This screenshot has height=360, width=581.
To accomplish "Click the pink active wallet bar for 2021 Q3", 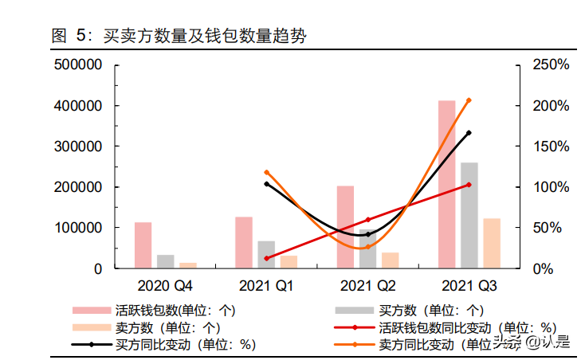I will pos(446,185).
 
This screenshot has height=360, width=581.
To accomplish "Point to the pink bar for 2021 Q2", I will pos(345,227).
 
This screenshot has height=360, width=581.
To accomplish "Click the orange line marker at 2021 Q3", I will pos(469,100).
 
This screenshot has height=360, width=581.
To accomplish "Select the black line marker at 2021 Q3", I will pos(469,133).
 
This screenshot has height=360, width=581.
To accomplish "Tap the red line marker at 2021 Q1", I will pos(266,258).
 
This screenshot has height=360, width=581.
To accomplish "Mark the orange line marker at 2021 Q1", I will pos(266,172).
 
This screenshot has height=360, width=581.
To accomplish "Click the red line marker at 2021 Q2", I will pos(367,219).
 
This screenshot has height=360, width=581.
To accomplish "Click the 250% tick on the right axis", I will pos(551,65).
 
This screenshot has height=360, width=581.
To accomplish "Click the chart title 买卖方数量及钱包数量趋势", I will pos(202,36).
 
